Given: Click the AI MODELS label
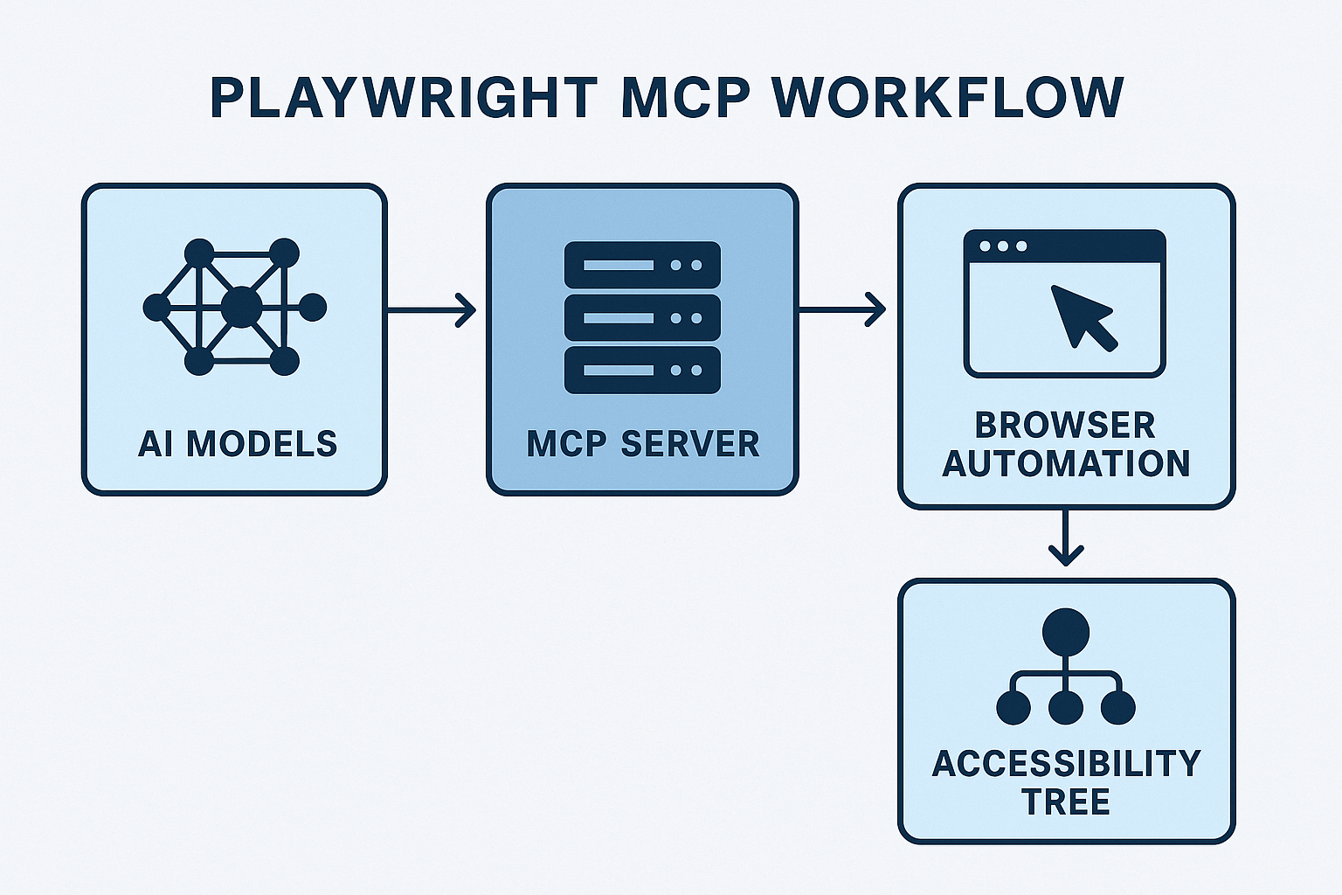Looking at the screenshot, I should (238, 444).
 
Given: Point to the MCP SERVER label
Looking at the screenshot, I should (643, 444).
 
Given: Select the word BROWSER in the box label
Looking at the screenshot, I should (1065, 426).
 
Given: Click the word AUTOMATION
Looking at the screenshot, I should (1066, 463).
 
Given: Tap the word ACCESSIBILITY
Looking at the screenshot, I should (1067, 764).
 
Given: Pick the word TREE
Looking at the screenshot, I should (1066, 801).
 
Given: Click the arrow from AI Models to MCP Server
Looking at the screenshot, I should (432, 309).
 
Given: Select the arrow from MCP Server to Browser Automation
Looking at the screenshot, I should (842, 309).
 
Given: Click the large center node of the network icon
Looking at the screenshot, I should (241, 307).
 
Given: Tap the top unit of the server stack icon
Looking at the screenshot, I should (642, 265).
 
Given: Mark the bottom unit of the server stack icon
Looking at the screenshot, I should (642, 370).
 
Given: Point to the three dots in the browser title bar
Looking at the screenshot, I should (1003, 246).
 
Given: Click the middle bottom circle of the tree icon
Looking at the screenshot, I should (1065, 707).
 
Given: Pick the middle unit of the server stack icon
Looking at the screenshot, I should (642, 317).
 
